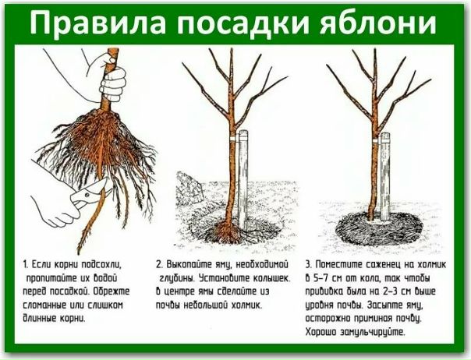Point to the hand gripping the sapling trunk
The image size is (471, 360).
click(112, 77)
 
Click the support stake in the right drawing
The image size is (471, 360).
click(384, 177)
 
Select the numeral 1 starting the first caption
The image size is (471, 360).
click(26, 265)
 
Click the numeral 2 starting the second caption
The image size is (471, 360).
click(159, 265)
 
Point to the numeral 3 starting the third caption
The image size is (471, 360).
click(309, 265)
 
